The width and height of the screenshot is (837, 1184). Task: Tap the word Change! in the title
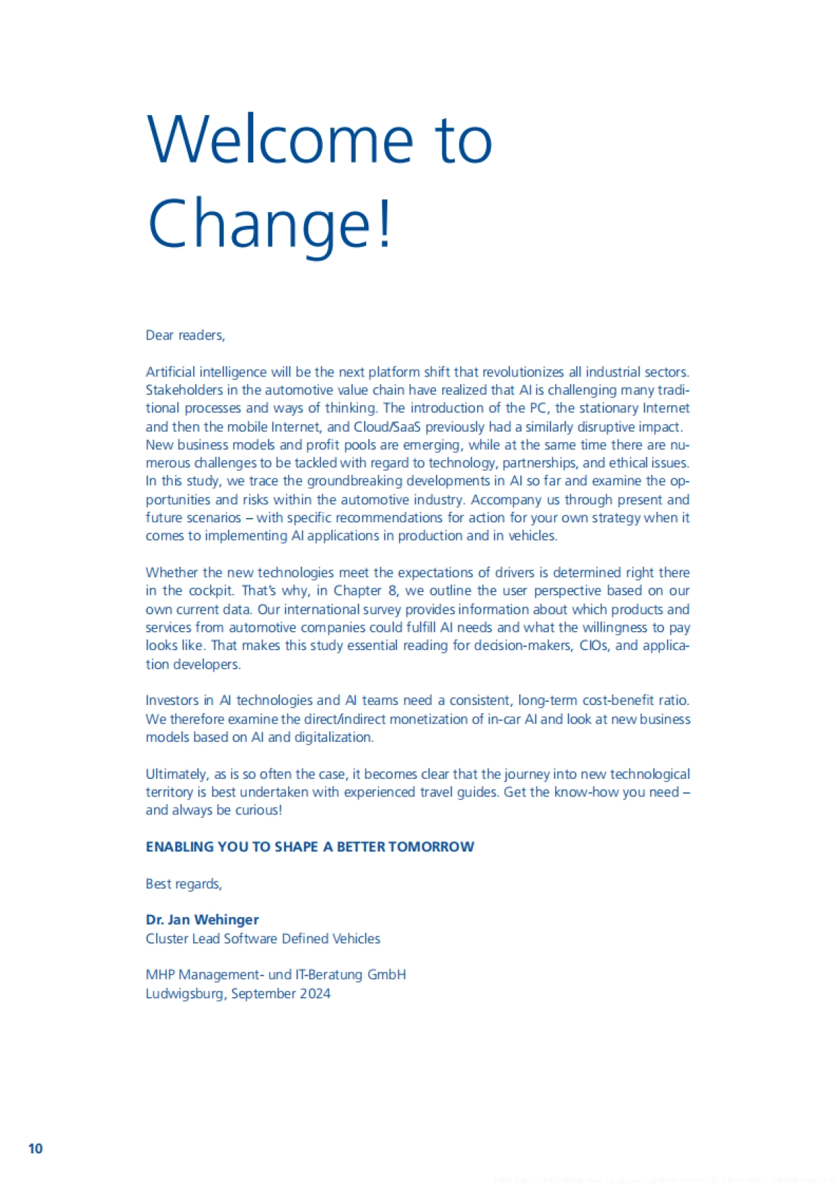270,223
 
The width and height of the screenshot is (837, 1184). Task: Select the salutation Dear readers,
186,335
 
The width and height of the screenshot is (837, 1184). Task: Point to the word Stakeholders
183,390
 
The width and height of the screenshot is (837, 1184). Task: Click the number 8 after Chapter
393,591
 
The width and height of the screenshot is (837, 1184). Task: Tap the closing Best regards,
184,884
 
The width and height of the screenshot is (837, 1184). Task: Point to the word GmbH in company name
386,975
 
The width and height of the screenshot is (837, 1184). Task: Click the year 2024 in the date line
315,994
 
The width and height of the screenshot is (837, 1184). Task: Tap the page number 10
36,1148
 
